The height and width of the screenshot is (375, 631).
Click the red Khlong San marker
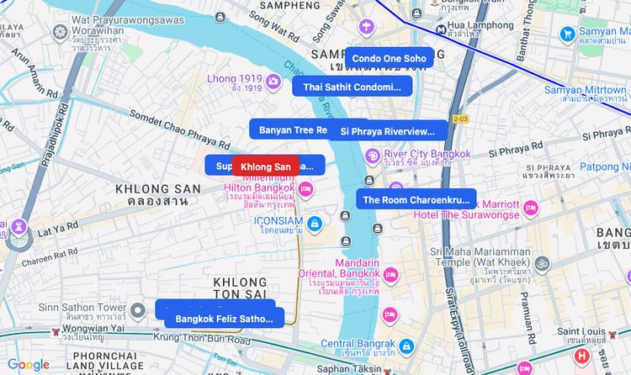pos(265,166)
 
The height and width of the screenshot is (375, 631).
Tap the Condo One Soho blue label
pos(389,58)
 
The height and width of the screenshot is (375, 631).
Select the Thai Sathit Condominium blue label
pos(352,87)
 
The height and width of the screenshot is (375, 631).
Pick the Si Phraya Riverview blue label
pos(392,131)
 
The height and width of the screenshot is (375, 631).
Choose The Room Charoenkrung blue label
pos(416,200)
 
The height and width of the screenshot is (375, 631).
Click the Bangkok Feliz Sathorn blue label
pos(224,319)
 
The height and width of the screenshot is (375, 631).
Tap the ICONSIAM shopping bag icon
pos(314,223)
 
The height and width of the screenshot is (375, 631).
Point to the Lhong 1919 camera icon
pos(273,80)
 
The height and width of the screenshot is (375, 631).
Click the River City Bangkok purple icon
pos(372,156)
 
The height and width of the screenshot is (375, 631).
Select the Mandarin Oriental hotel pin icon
pos(390,275)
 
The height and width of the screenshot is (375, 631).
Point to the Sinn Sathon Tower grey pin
pos(140,313)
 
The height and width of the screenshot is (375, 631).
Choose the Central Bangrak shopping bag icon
pos(406,346)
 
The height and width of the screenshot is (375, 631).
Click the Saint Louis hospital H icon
pos(581,356)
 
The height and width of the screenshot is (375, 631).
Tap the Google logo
pos(29,364)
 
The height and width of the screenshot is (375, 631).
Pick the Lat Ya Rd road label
pos(58,226)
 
